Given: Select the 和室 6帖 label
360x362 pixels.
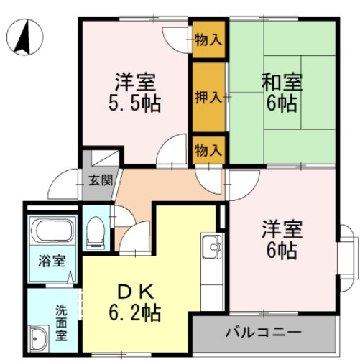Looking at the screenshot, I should (282, 91).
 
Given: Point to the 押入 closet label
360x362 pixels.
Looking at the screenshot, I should (208, 97).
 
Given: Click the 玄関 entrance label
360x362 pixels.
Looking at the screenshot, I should (100, 180).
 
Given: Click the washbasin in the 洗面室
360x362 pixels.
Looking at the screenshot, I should (40, 336).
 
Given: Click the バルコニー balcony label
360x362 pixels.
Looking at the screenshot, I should (262, 332).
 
